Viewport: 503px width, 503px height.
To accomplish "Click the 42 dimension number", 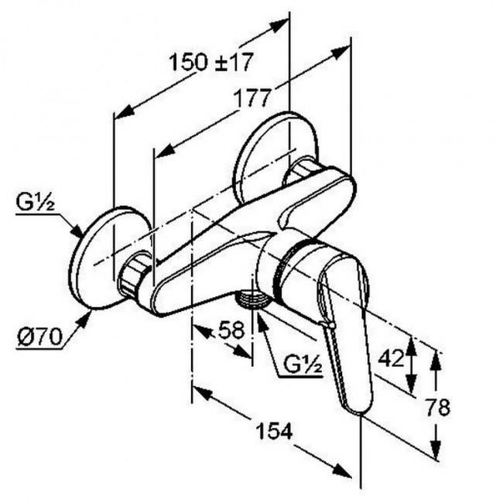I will pos(392,358).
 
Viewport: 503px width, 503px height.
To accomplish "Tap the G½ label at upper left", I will pos(34,205).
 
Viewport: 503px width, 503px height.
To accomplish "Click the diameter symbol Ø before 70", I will pos(23,337).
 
